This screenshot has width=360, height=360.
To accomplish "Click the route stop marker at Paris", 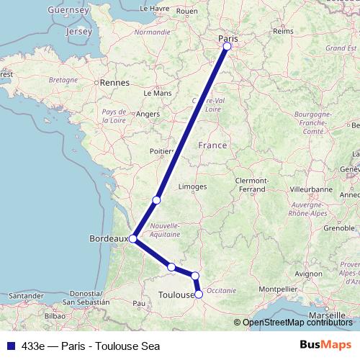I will (x=227, y=46).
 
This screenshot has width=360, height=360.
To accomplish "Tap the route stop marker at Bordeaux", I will (x=133, y=238).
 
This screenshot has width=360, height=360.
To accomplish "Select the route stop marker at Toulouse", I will (x=199, y=294).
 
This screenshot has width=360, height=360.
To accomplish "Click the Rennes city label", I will (x=114, y=83).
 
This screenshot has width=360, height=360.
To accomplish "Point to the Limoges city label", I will (x=192, y=186).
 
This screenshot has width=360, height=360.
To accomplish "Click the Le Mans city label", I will (x=157, y=93).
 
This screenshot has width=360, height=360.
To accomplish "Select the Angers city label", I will (x=148, y=114).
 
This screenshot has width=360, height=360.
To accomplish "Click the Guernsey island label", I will (x=67, y=11).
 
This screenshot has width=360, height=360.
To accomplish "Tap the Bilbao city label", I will (x=55, y=315).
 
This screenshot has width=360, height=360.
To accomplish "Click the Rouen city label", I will (x=186, y=12).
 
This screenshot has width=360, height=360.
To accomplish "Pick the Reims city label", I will (x=283, y=32).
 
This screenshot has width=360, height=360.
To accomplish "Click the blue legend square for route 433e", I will (x=9, y=345).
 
